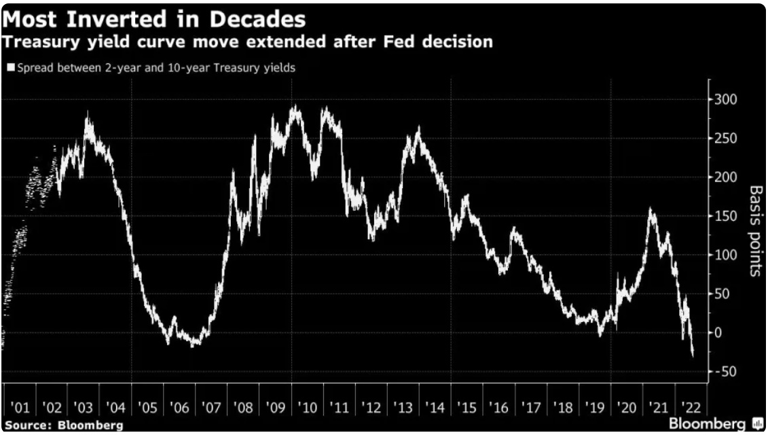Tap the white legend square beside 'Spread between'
click(x=10, y=68)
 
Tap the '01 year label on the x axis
click(x=20, y=408)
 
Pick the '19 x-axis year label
click(x=595, y=408)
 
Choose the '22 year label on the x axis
click(x=690, y=408)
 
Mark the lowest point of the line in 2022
click(x=693, y=355)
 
